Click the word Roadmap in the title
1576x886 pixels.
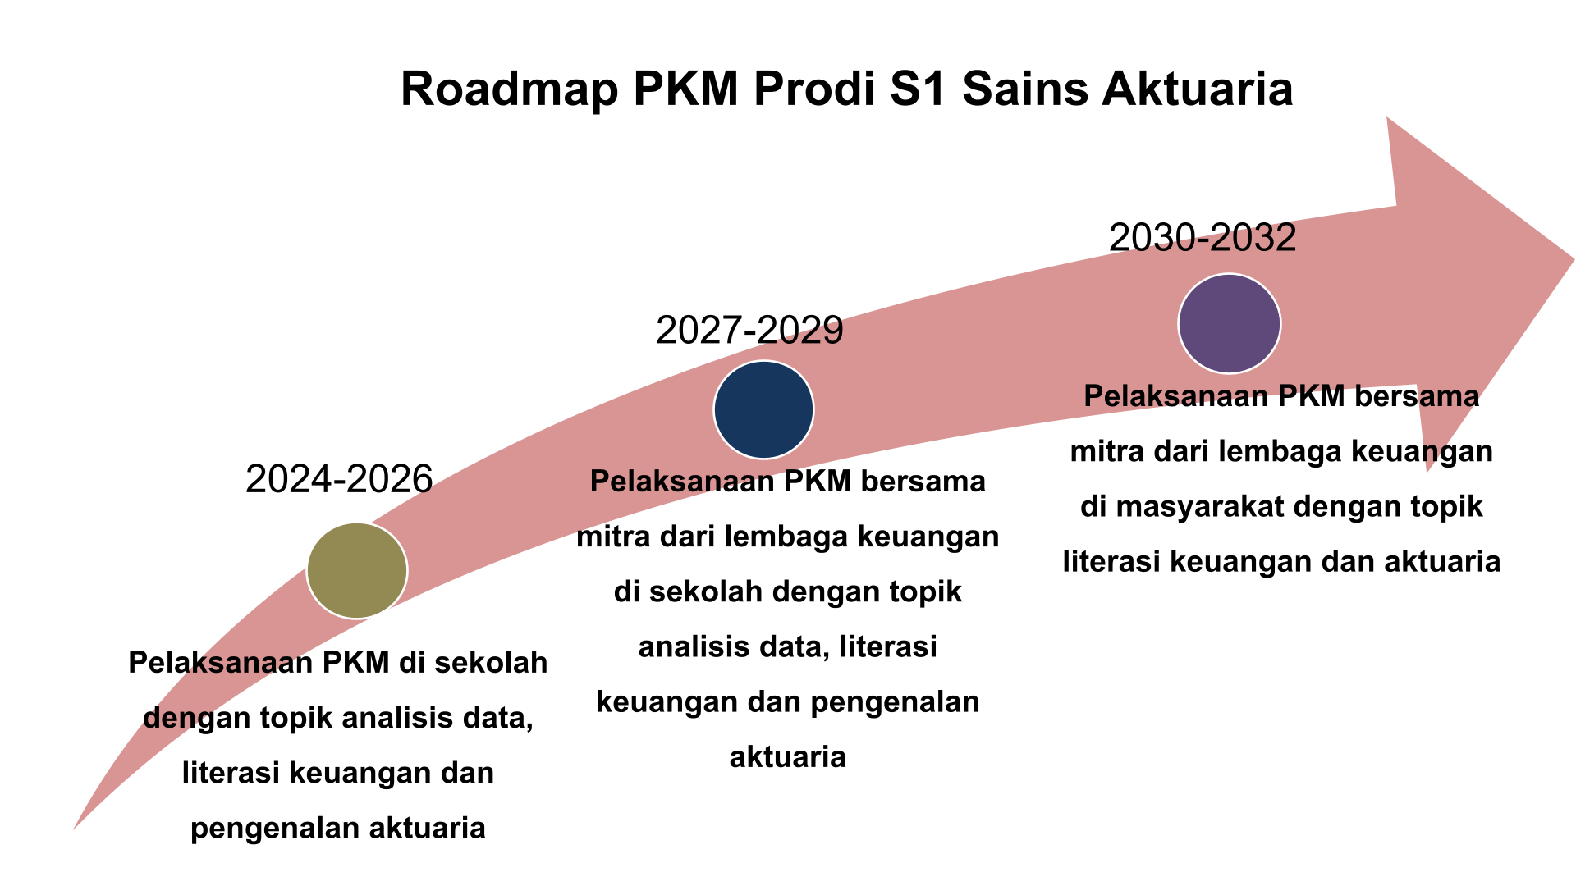(x=509, y=89)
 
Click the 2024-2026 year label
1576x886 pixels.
(x=339, y=479)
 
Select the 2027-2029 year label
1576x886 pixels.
(x=749, y=331)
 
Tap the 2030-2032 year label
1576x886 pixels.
(x=1203, y=238)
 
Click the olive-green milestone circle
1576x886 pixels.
(x=357, y=570)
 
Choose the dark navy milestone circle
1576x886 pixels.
(x=763, y=409)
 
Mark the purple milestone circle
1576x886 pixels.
(x=1229, y=323)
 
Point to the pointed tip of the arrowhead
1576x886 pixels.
(x=1574, y=260)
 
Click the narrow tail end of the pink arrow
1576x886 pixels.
(x=75, y=829)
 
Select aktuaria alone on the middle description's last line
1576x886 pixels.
(x=788, y=756)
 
